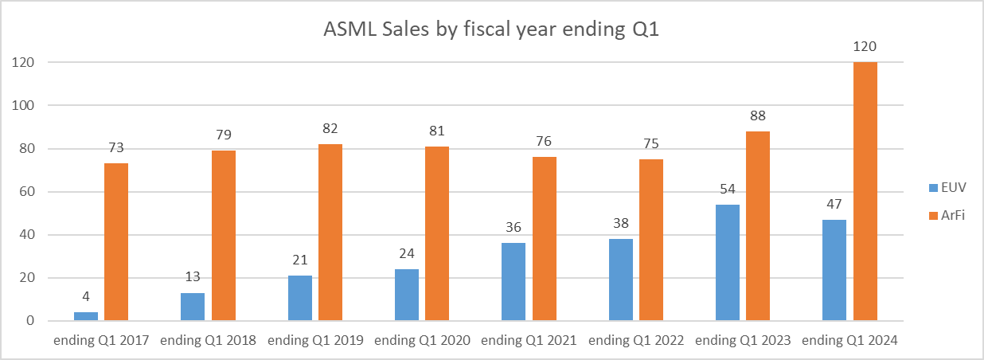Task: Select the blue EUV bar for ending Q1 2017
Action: pyautogui.click(x=86, y=316)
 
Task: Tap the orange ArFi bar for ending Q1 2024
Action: pyautogui.click(x=865, y=191)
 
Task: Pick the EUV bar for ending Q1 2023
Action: pyautogui.click(x=728, y=263)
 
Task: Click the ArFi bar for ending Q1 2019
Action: pyautogui.click(x=330, y=233)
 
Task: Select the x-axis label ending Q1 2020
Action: pyautogui.click(x=422, y=340)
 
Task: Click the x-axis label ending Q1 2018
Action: pyautogui.click(x=209, y=340)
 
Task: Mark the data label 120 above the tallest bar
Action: pyautogui.click(x=865, y=47)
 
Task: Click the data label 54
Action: pyautogui.click(x=728, y=190)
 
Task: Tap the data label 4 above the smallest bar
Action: pyautogui.click(x=86, y=297)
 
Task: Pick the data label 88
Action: pyautogui.click(x=758, y=116)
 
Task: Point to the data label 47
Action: pyautogui.click(x=834, y=205)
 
